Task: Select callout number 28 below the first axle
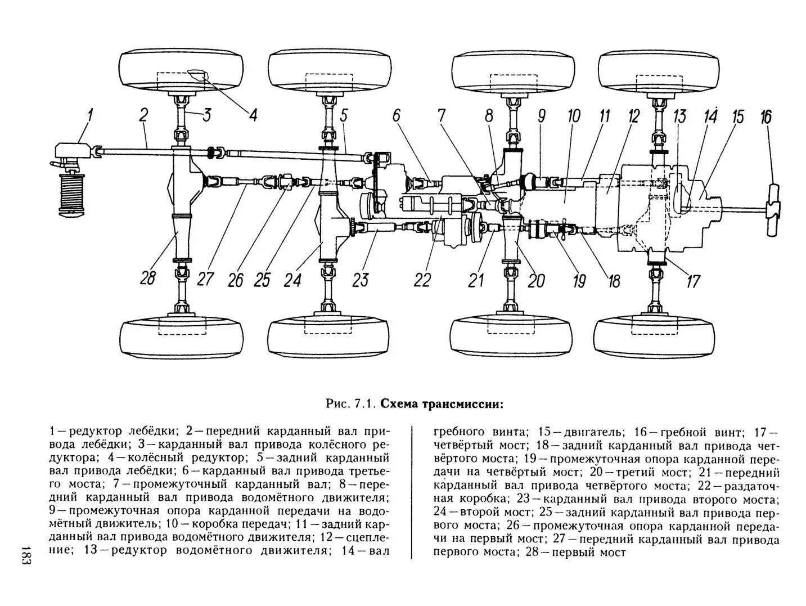click(x=147, y=278)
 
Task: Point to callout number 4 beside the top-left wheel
click(x=253, y=115)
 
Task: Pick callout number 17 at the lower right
click(x=693, y=280)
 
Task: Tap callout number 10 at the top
click(x=574, y=116)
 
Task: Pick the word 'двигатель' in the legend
click(x=596, y=432)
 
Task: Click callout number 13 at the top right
click(x=679, y=117)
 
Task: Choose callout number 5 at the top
click(x=344, y=117)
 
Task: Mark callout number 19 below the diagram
click(x=579, y=280)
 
